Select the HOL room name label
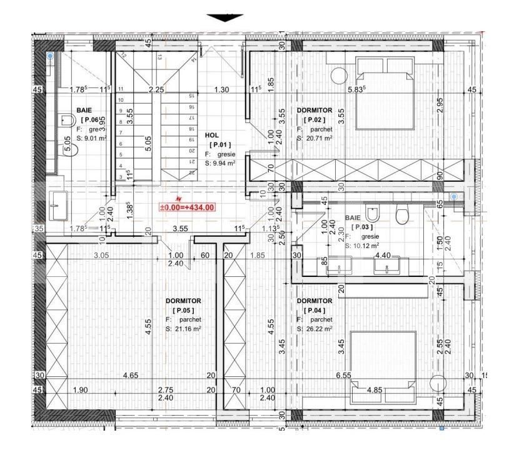(x=211, y=135)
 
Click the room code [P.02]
(x=314, y=120)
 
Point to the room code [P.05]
(x=184, y=310)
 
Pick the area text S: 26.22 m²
(x=315, y=329)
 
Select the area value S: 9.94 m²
(x=219, y=163)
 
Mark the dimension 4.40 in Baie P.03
(x=383, y=256)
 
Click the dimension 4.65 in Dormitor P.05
(x=131, y=375)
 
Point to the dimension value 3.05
(x=101, y=256)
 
